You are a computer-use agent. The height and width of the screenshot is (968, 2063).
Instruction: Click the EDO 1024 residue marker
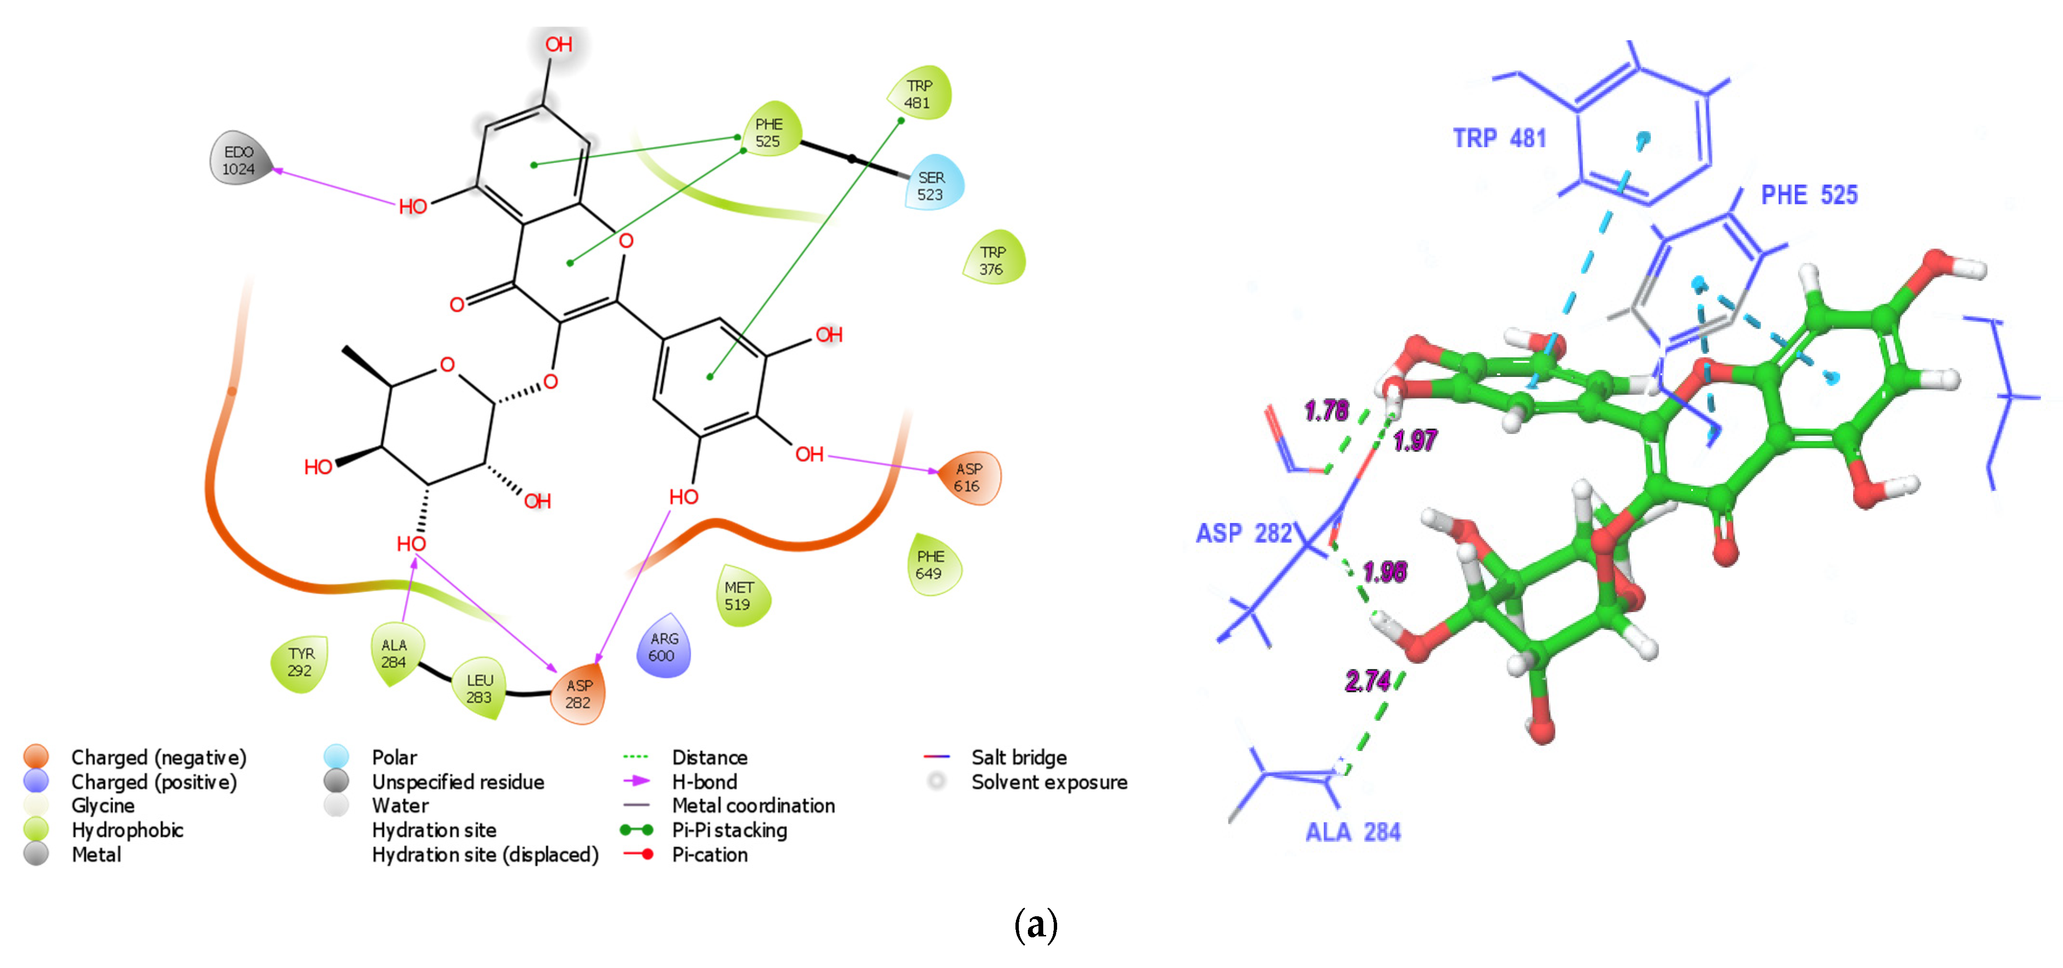pos(239,159)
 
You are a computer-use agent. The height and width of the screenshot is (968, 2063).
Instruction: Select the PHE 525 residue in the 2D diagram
pos(768,131)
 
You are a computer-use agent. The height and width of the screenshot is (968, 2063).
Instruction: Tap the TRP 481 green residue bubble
pos(919,94)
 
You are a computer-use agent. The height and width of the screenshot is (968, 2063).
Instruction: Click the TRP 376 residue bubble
pos(992,260)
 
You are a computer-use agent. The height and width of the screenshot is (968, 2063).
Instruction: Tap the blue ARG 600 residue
pos(663,647)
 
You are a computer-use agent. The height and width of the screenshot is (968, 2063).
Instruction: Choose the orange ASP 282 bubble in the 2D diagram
pos(578,694)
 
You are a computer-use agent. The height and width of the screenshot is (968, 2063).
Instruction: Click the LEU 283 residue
pos(480,688)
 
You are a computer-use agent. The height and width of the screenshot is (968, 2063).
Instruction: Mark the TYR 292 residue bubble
pos(300,662)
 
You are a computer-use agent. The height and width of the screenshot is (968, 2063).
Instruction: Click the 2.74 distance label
pos(1368,681)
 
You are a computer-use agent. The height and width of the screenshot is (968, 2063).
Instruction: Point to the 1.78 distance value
pos(1326,411)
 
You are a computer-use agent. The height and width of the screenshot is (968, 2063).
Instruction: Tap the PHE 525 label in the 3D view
pos(1809,194)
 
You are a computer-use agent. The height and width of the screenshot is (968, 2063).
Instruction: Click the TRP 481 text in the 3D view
pos(1499,138)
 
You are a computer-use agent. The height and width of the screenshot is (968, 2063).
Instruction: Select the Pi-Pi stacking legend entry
pos(729,830)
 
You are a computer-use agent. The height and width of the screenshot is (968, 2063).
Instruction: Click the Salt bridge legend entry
pos(1019,757)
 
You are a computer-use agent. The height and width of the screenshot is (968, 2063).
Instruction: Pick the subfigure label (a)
pos(1036,925)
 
